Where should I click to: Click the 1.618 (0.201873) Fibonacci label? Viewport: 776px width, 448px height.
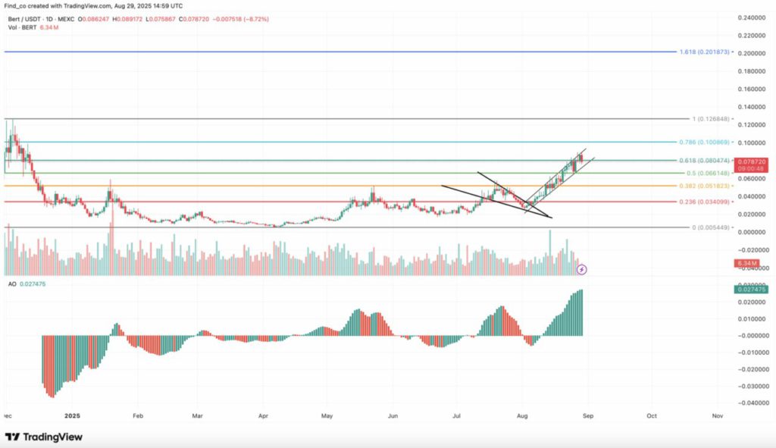point(705,52)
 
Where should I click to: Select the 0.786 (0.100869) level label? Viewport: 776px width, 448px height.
point(706,143)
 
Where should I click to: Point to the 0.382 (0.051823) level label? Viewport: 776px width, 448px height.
point(706,186)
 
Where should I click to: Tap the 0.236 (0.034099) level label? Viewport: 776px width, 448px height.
point(706,202)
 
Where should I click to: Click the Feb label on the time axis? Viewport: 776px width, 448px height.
point(137,416)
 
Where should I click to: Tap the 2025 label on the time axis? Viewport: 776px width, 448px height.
point(72,416)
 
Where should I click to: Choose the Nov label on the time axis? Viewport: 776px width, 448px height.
point(717,416)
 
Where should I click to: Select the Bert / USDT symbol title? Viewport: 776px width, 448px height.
point(25,18)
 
